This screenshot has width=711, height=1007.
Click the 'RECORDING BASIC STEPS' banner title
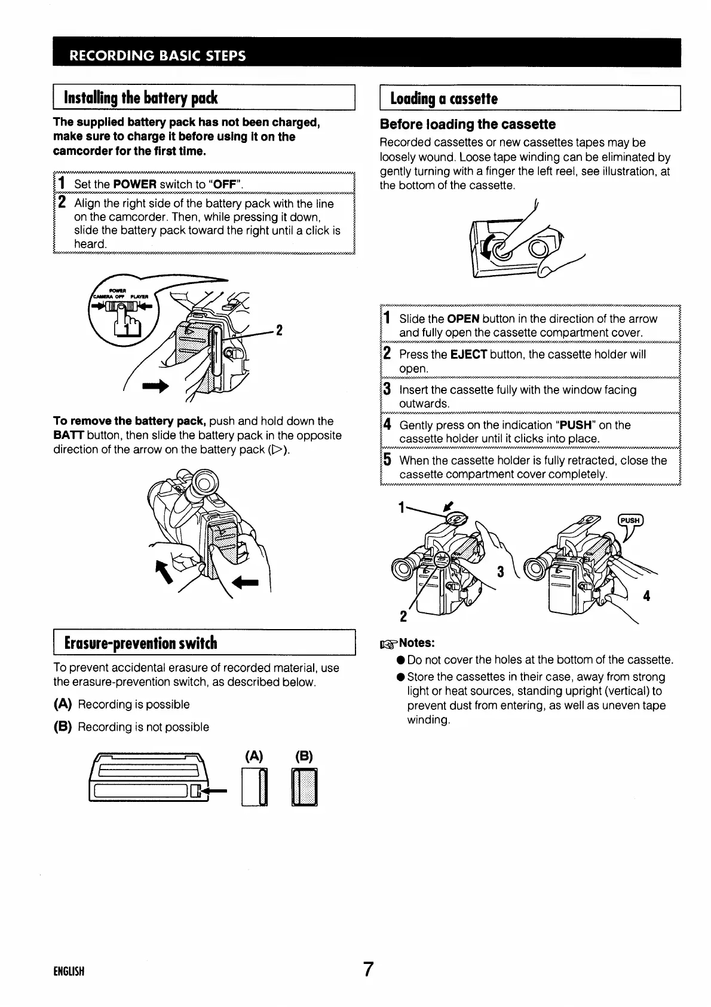pos(158,56)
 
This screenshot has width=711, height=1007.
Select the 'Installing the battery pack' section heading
pos(140,98)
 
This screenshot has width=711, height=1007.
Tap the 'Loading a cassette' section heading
pos(443,99)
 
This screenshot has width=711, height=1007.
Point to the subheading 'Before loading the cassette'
pos(468,124)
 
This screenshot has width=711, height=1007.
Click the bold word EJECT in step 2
pos(468,355)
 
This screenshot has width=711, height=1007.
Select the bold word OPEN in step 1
pos(463,319)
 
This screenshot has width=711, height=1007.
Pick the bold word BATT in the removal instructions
pos(68,435)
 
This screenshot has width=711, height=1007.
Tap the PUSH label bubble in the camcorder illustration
pos(629,520)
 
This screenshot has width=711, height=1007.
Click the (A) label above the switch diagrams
pos(253,755)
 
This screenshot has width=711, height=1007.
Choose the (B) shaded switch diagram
pos(304,788)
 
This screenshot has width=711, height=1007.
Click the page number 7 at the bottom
pos(368,969)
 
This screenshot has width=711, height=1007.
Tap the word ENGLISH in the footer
pos(69,971)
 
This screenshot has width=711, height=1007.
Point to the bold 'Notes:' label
pos(416,643)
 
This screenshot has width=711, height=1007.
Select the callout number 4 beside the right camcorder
pos(646,596)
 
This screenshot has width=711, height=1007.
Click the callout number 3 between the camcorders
pos(500,572)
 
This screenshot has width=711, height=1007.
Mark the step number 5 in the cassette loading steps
pos(387,460)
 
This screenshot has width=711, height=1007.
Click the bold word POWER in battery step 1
pos(134,184)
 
